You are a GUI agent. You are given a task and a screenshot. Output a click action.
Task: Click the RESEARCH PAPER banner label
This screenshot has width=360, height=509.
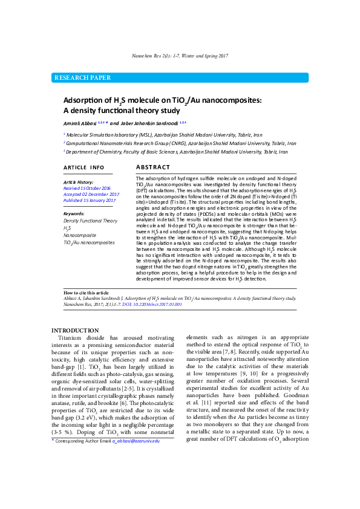83,78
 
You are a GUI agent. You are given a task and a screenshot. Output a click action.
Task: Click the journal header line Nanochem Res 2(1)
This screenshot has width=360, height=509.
180,56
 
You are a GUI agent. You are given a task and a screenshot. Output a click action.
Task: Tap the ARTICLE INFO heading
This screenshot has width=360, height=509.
83,167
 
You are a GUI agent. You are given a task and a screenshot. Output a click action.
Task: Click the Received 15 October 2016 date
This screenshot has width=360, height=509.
87,188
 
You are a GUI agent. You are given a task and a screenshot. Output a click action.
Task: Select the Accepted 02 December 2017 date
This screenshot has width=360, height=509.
91,194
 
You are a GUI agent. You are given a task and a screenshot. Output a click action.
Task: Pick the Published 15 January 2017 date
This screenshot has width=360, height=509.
89,200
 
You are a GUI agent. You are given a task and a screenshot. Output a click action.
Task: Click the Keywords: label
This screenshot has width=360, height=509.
75,214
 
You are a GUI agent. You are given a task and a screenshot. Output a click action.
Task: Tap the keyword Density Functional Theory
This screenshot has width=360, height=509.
90,221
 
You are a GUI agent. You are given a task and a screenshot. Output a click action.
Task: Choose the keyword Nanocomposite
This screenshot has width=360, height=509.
80,235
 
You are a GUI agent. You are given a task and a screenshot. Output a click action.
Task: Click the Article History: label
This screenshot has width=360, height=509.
79,182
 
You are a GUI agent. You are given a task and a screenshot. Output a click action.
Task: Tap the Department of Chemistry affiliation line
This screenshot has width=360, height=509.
177,152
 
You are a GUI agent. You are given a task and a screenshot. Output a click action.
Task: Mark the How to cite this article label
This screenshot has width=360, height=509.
87,291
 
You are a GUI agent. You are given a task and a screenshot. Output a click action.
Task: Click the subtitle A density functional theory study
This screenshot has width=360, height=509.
122,111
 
